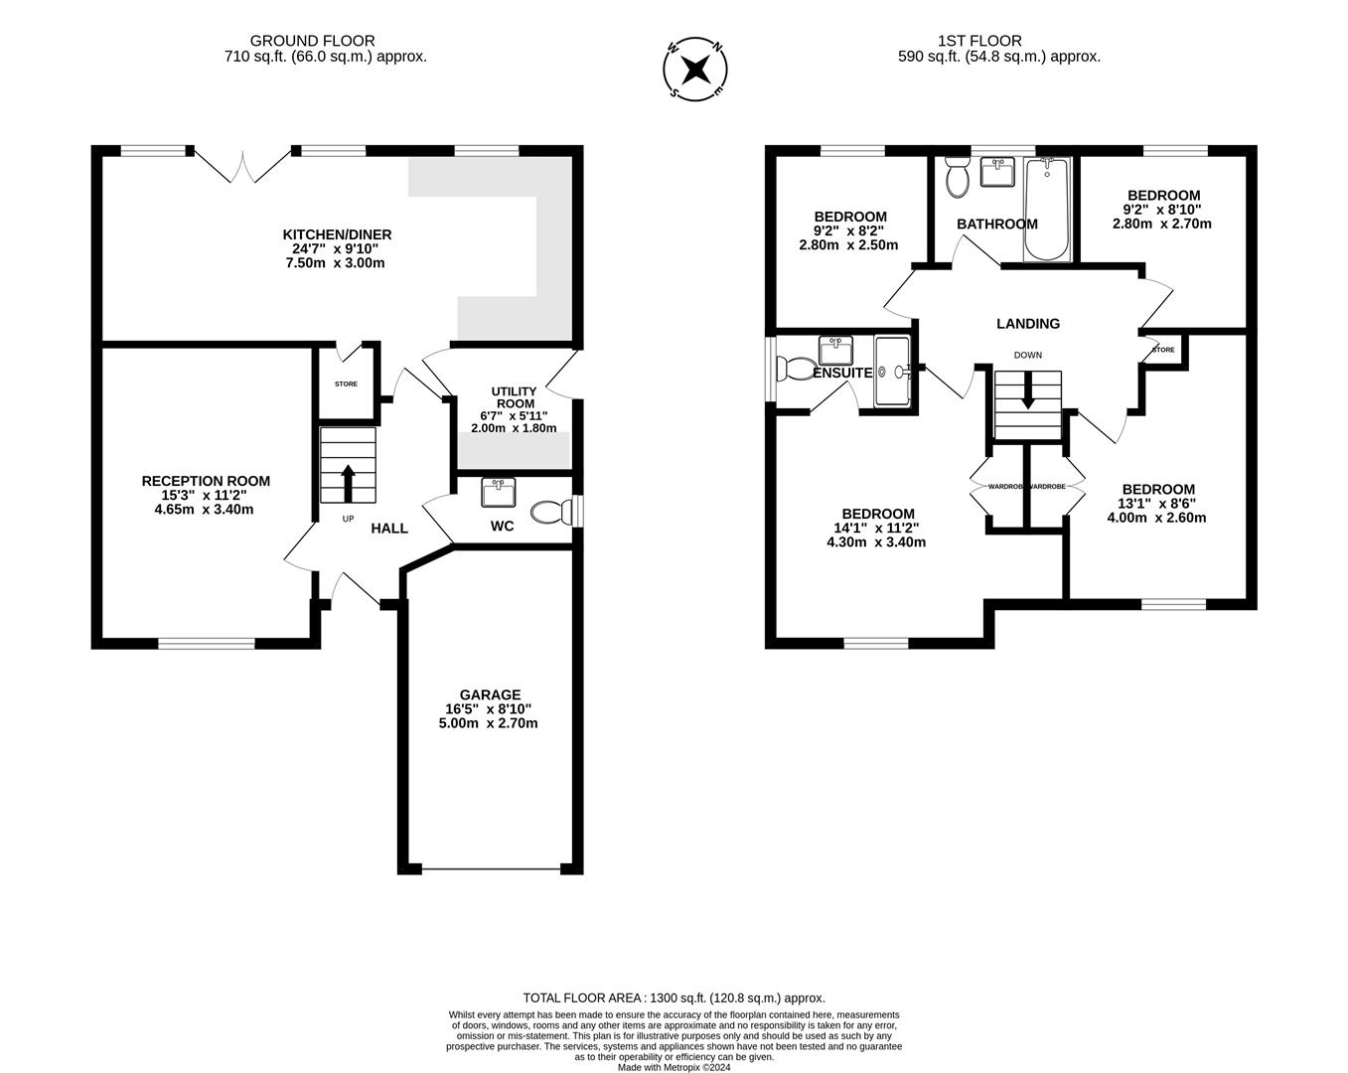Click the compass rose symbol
coord(696,69)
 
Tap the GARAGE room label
coord(489,694)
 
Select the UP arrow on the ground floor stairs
coord(348,482)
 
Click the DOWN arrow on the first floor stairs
coord(1027,391)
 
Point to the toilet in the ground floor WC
coord(550,512)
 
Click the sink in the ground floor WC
coord(498,492)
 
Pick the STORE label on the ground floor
coord(346,384)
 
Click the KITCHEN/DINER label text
coord(337,234)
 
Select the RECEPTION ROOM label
coord(206,481)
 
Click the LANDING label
coord(1028,323)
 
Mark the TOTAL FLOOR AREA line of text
coord(674,997)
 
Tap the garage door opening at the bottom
coord(491,869)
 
